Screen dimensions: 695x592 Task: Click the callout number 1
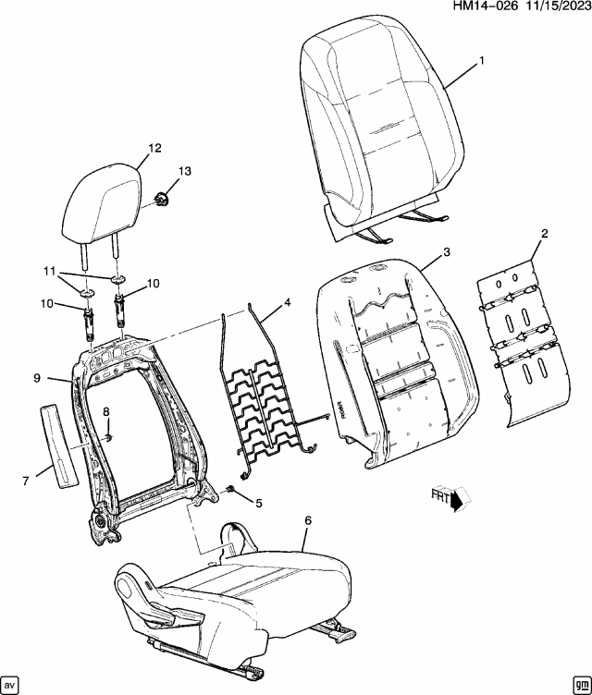tap(482, 61)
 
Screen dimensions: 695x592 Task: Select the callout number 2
tap(545, 234)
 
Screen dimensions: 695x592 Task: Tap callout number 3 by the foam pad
tap(446, 252)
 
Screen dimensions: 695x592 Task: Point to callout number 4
tap(287, 302)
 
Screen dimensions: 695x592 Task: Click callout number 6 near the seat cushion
tap(308, 521)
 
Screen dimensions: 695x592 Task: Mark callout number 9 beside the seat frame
tap(37, 377)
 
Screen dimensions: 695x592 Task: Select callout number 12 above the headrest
tap(154, 147)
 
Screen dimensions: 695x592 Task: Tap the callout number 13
tap(185, 171)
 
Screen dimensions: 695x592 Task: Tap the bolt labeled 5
tap(230, 490)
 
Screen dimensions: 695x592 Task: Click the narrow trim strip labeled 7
tap(59, 445)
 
